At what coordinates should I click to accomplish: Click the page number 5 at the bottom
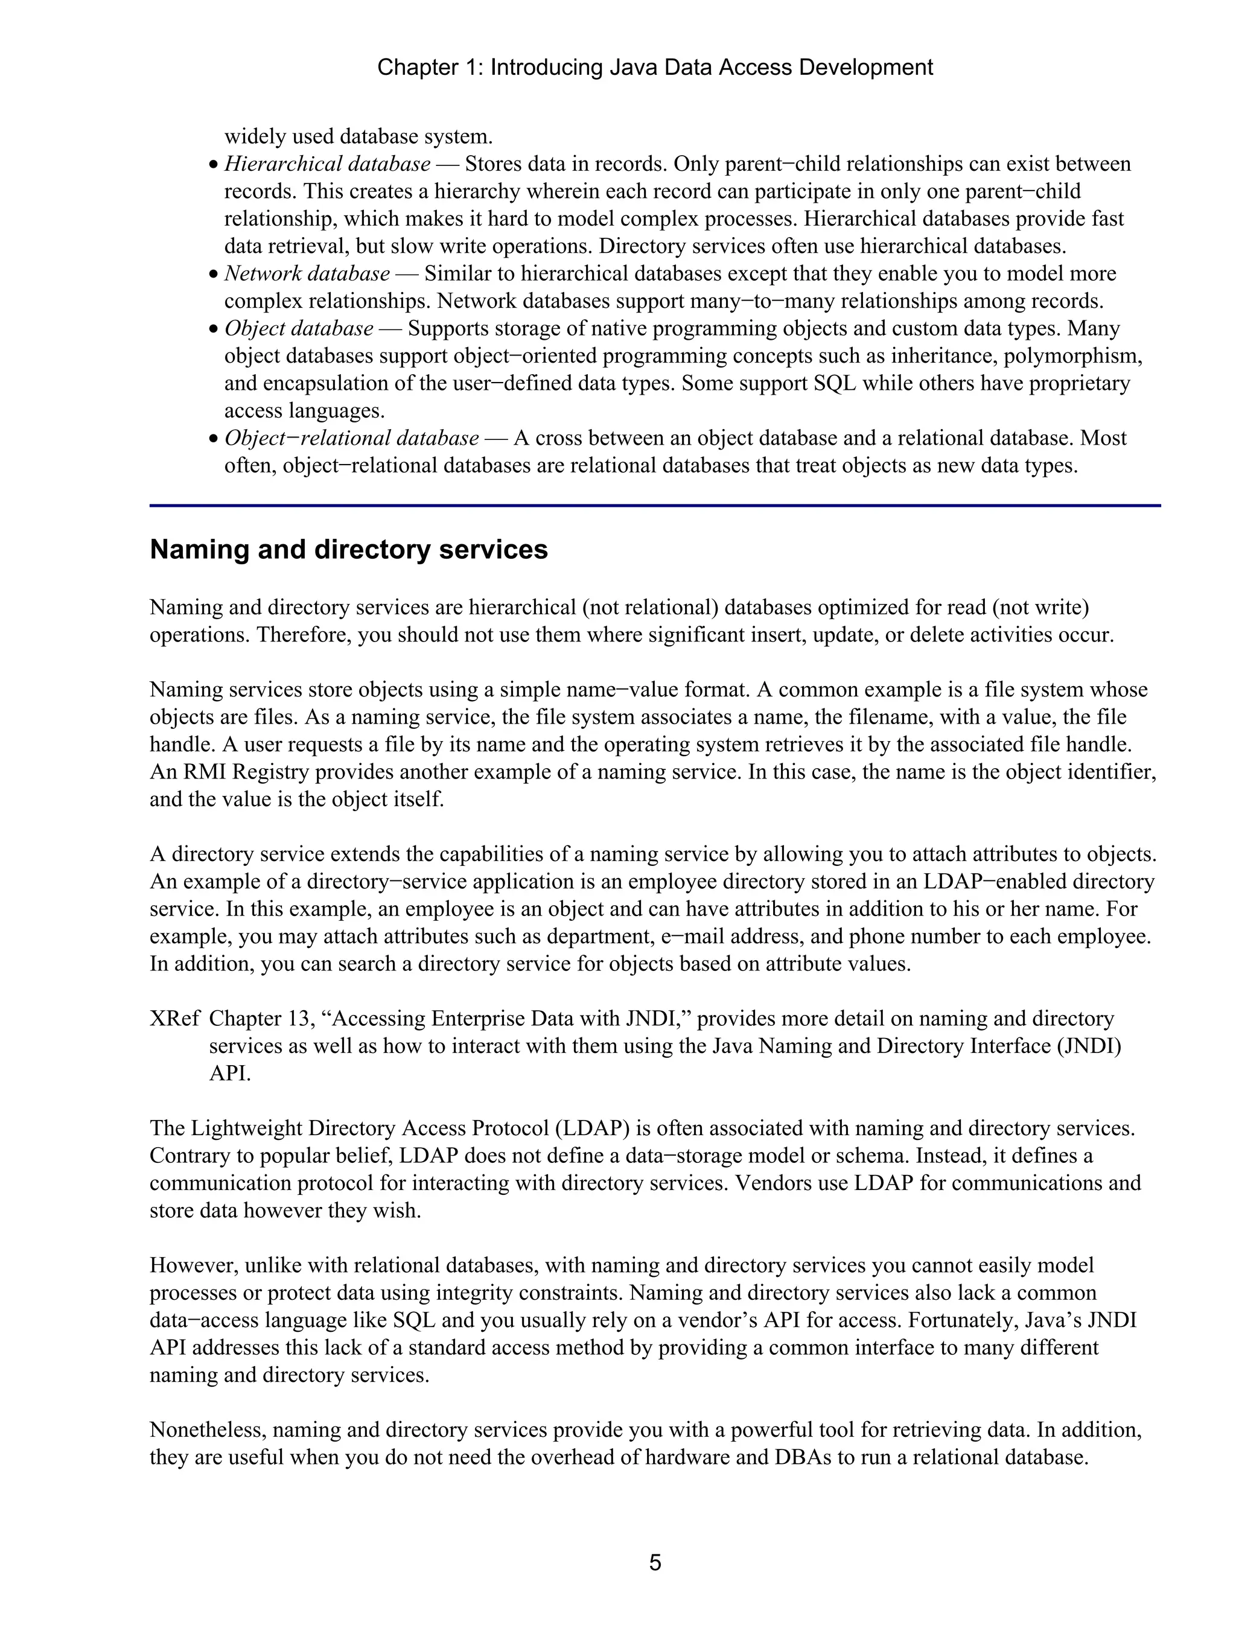(654, 1562)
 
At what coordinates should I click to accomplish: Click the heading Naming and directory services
(348, 550)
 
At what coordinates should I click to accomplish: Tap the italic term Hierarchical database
(327, 164)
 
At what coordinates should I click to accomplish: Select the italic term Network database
(307, 274)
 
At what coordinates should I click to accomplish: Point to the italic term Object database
(298, 328)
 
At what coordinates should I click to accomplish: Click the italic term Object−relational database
(351, 438)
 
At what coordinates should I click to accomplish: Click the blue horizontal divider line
(654, 506)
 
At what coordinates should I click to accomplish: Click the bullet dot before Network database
(214, 275)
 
